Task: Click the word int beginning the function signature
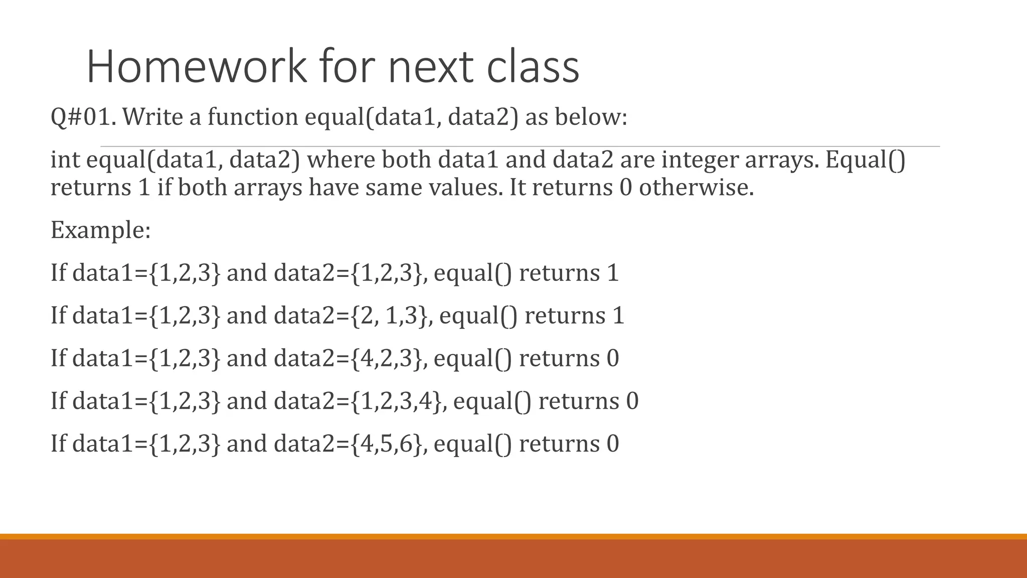tap(65, 160)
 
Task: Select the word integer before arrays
tap(699, 160)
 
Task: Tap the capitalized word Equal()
tap(866, 160)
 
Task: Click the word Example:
tap(100, 230)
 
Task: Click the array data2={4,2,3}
tap(349, 358)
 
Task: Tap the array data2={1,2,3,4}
tap(359, 401)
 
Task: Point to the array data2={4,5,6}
tap(349, 444)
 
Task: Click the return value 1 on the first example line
tap(613, 273)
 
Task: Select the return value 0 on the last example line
tap(613, 444)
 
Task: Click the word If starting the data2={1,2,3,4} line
tap(58, 401)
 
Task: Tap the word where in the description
tap(340, 160)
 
